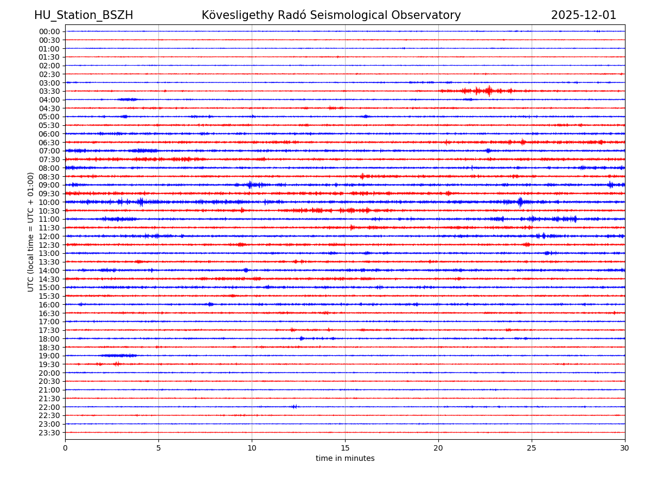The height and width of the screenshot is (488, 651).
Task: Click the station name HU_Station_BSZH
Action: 84,15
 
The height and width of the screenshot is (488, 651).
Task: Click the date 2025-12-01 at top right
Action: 583,15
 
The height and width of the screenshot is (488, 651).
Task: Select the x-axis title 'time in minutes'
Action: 345,459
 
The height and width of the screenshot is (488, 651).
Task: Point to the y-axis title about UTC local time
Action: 31,232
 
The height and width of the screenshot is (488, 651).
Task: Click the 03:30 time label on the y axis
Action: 49,91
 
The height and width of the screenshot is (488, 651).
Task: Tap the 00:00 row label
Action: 49,31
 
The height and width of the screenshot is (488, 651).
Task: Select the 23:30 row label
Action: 49,433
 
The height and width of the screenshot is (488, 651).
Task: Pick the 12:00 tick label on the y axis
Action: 49,236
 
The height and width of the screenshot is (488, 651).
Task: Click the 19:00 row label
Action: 49,356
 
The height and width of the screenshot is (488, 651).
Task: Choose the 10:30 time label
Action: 49,211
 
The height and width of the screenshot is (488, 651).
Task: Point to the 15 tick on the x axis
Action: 345,448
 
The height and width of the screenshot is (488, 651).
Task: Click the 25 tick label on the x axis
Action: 532,448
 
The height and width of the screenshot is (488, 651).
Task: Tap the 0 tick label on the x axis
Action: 65,448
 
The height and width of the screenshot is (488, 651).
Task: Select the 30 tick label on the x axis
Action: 625,448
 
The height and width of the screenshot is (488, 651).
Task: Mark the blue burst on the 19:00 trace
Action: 119,356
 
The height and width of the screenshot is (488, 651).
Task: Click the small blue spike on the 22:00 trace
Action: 294,407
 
